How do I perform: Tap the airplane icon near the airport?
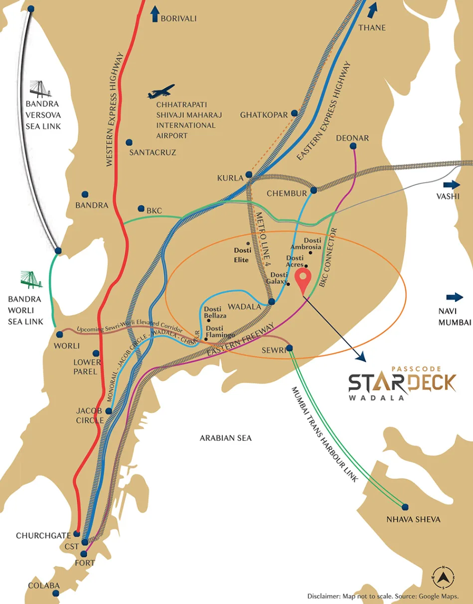pos(161,92)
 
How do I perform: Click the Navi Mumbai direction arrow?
pos(455,297)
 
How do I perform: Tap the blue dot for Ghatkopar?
pos(295,113)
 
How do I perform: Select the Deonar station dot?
pos(353,146)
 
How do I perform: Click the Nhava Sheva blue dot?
pos(405,507)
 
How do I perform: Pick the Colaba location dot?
pos(56,594)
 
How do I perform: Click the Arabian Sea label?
pos(225,438)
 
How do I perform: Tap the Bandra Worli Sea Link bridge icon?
pos(31,280)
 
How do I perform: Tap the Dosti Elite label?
pos(241,255)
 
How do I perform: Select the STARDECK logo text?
pos(402,383)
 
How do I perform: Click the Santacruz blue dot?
pos(129,142)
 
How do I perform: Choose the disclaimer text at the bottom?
pos(383,596)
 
